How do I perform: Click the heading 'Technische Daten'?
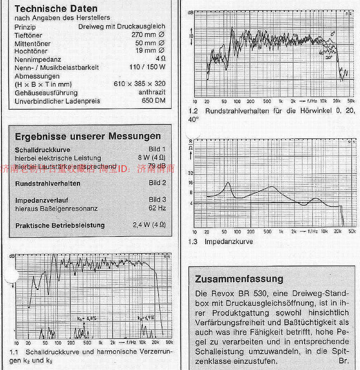pyautogui.click(x=56, y=9)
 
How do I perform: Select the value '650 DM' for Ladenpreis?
pyautogui.click(x=153, y=100)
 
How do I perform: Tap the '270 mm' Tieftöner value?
pyautogui.click(x=144, y=35)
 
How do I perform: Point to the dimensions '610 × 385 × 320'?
pyautogui.click(x=139, y=84)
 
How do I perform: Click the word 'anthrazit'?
pyautogui.click(x=152, y=92)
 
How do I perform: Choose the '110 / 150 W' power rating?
pyautogui.click(x=147, y=67)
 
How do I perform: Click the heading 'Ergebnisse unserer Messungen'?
pyautogui.click(x=88, y=136)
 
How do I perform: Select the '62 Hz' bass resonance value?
pyautogui.click(x=157, y=208)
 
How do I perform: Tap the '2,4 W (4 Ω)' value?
pyautogui.click(x=149, y=224)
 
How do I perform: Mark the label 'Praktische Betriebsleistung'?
pyautogui.click(x=60, y=225)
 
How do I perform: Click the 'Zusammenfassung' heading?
pyautogui.click(x=239, y=279)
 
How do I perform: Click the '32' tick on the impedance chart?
pyautogui.click(x=190, y=173)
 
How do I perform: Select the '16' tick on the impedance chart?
pyautogui.click(x=190, y=183)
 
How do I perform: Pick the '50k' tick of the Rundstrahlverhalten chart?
pyautogui.click(x=351, y=101)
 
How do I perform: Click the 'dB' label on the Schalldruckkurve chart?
pyautogui.click(x=12, y=256)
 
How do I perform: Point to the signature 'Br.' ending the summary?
pyautogui.click(x=344, y=360)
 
